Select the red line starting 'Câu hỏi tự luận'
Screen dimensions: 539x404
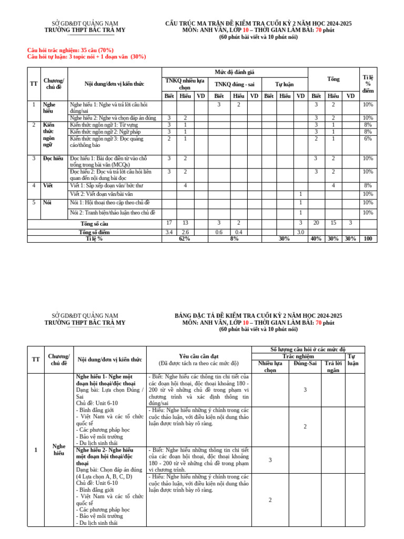[87, 57]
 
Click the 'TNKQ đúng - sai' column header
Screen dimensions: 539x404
[233, 84]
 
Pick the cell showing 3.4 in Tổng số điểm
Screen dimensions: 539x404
[169, 232]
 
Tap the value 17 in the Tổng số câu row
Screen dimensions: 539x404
[169, 223]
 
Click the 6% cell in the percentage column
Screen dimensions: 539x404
[368, 138]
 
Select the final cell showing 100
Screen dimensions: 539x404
[368, 238]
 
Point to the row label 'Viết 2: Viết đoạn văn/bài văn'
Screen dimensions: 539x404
[102, 194]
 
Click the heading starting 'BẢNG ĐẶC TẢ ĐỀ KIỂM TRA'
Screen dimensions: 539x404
[258, 315]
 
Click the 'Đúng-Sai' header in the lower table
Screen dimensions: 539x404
[305, 363]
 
